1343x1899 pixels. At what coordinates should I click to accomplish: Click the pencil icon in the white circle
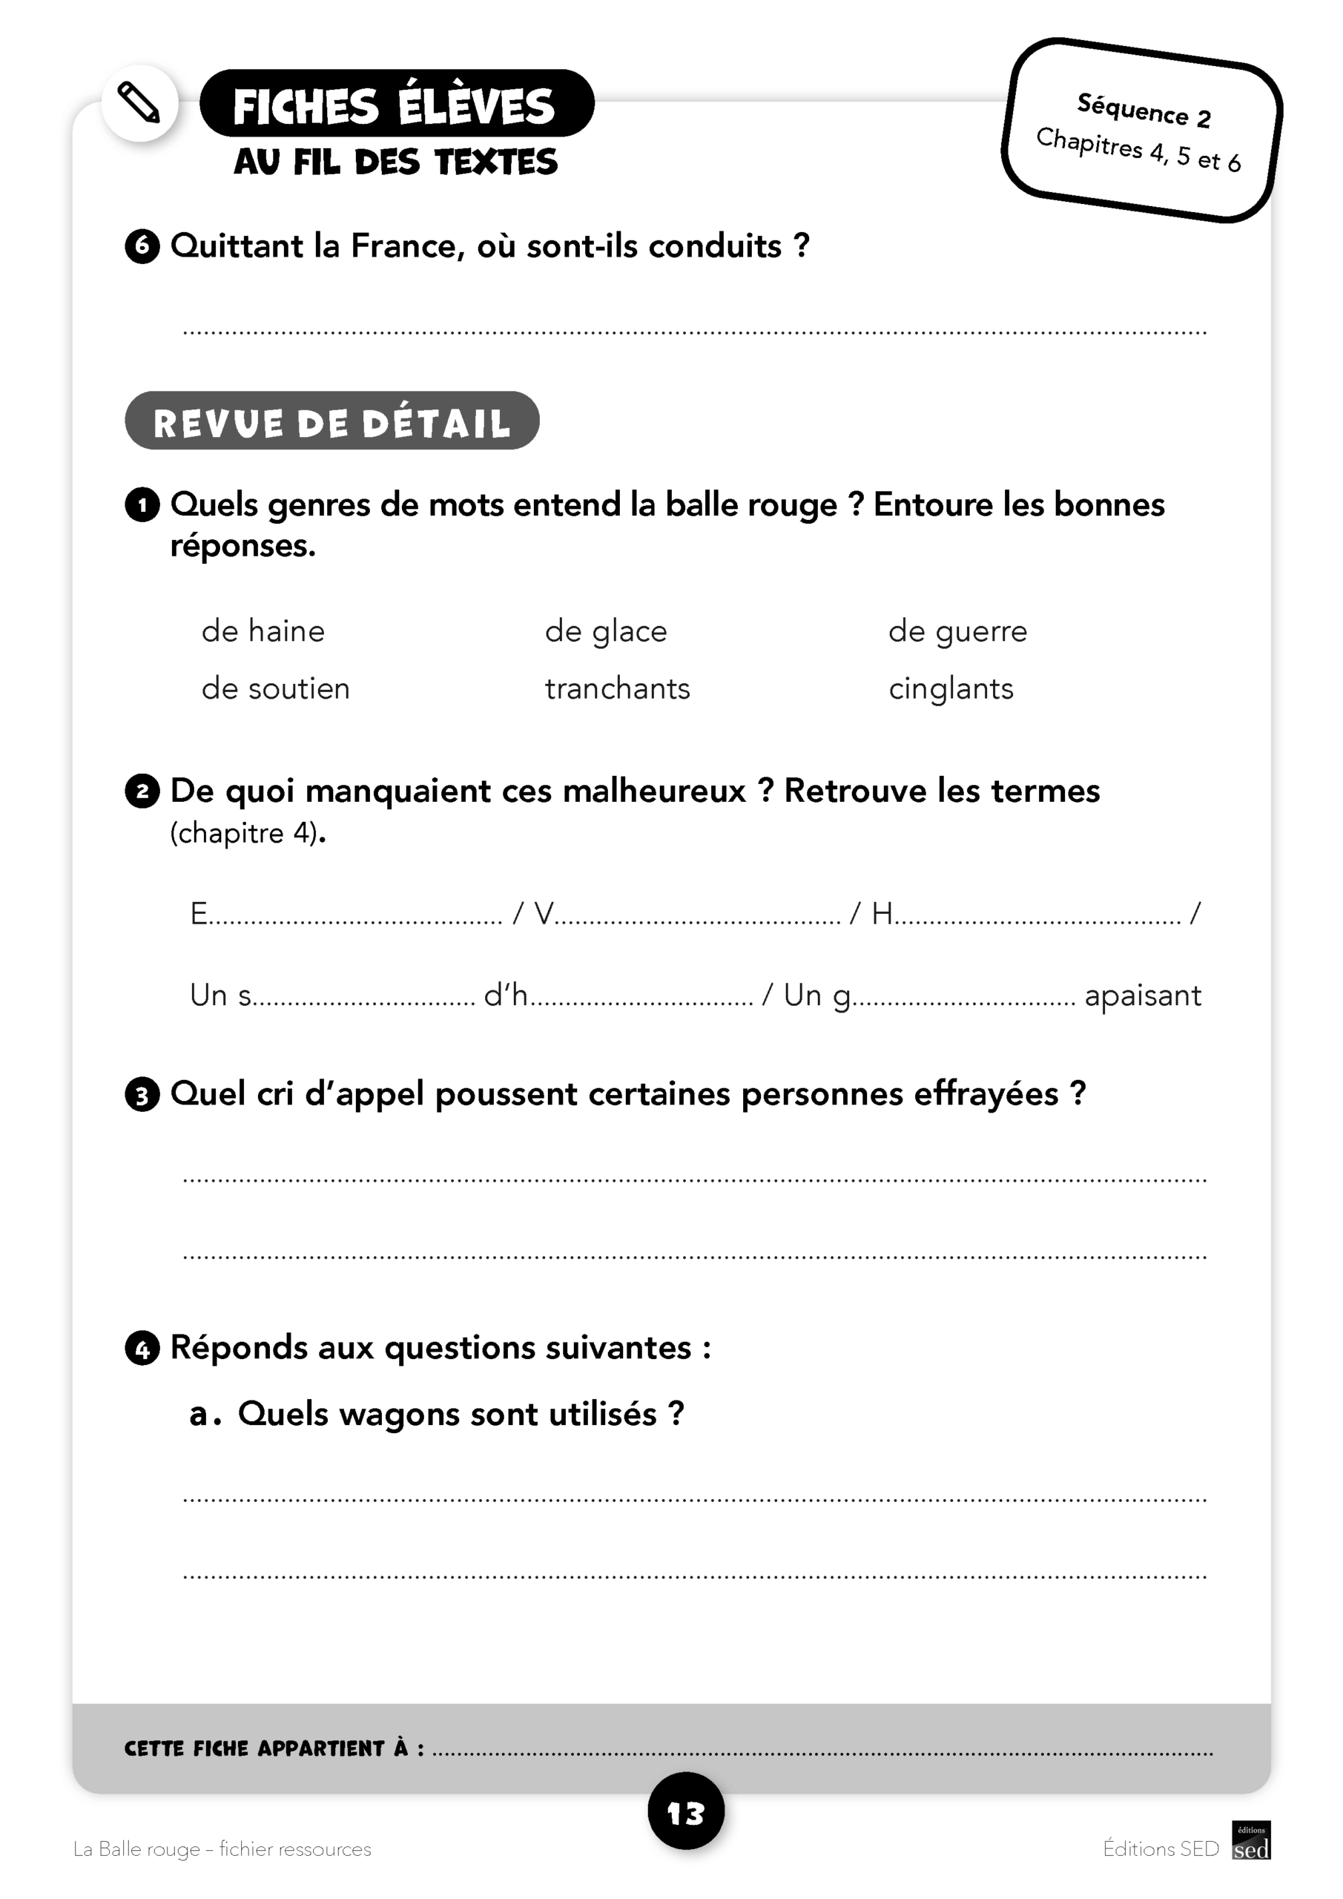pyautogui.click(x=139, y=103)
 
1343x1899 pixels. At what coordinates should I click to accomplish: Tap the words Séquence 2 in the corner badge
pyautogui.click(x=1143, y=110)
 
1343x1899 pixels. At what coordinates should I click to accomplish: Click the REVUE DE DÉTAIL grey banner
pyautogui.click(x=331, y=421)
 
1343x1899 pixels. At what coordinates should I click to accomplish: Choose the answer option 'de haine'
pyautogui.click(x=263, y=632)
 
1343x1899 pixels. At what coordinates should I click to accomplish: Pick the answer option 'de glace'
pyautogui.click(x=605, y=632)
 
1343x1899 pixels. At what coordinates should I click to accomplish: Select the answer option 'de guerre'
pyautogui.click(x=957, y=632)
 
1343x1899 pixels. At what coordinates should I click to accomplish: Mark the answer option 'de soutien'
pyautogui.click(x=275, y=689)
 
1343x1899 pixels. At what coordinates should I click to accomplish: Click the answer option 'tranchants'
pyautogui.click(x=617, y=689)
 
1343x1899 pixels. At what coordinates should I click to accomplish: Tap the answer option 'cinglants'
pyautogui.click(x=950, y=689)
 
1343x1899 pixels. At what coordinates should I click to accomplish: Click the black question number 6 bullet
pyautogui.click(x=142, y=246)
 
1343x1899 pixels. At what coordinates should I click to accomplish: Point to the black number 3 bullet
pyautogui.click(x=142, y=1096)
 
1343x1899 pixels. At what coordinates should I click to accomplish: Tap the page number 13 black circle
pyautogui.click(x=685, y=1811)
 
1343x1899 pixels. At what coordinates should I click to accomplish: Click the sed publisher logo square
pyautogui.click(x=1250, y=1840)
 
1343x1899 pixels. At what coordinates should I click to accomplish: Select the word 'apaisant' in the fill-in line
pyautogui.click(x=1142, y=995)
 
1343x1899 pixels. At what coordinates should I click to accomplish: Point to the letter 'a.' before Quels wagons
pyautogui.click(x=203, y=1415)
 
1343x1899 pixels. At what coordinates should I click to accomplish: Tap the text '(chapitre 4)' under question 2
pyautogui.click(x=245, y=833)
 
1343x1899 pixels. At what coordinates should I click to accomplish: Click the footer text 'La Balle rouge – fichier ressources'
pyautogui.click(x=222, y=1849)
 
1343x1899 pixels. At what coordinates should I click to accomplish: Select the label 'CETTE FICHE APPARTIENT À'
pyautogui.click(x=273, y=1748)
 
